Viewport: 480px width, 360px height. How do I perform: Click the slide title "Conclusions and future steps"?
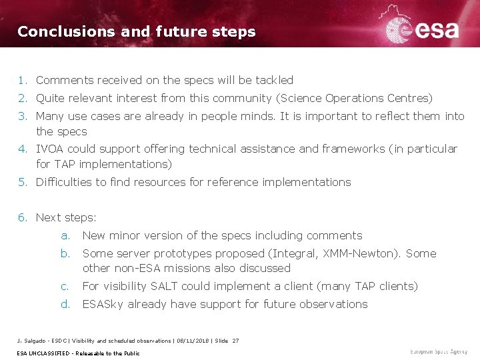click(x=136, y=31)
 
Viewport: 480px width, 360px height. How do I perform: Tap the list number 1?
click(x=23, y=80)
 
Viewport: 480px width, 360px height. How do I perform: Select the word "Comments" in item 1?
click(x=65, y=80)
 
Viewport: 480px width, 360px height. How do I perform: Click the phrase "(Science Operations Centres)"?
click(x=354, y=98)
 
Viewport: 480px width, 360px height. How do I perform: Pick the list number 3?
click(x=23, y=116)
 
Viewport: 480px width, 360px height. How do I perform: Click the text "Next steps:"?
click(x=66, y=217)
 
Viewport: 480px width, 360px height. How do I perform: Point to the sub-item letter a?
click(x=65, y=235)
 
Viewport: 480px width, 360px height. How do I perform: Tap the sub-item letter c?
click(x=65, y=286)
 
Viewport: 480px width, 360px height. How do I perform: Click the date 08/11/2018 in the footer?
click(x=193, y=341)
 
